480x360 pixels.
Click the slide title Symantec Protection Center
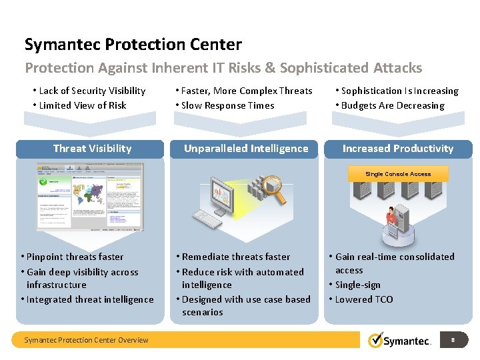point(133,45)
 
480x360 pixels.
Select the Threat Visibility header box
point(92,149)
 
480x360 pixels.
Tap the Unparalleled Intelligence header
point(246,149)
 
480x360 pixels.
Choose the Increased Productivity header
point(398,149)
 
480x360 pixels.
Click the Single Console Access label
point(398,174)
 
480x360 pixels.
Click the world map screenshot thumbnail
point(90,197)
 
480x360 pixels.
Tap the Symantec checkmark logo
point(376,340)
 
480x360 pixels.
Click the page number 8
point(453,340)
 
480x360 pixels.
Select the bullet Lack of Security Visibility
point(92,91)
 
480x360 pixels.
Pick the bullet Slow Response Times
point(227,105)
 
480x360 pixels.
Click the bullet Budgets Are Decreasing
point(392,105)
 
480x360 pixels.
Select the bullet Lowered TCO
point(364,299)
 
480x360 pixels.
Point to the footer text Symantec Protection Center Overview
point(86,340)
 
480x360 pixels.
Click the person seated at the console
point(392,217)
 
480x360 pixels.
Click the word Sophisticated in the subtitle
point(315,68)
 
